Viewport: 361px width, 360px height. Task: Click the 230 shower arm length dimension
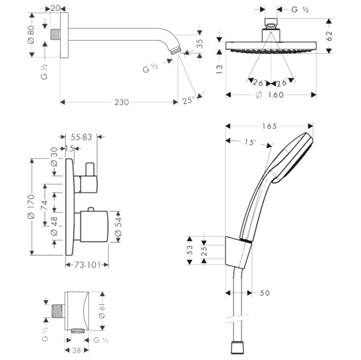coord(121,102)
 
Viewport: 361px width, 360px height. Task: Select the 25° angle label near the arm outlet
coord(189,101)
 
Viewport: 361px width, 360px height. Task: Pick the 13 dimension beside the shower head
coord(220,69)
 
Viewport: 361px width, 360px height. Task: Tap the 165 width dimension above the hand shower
coord(269,126)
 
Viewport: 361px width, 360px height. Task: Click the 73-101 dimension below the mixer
coord(86,264)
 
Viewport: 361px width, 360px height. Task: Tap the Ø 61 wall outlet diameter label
coord(102,310)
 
